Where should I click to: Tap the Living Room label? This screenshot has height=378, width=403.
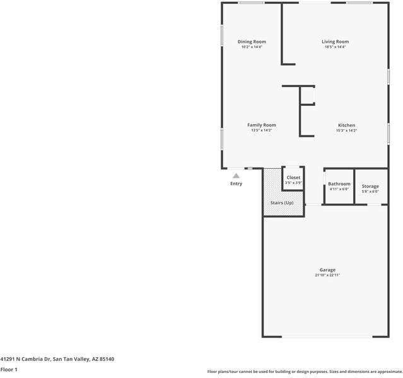tap(335, 42)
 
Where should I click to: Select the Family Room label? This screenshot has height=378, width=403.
tap(261, 125)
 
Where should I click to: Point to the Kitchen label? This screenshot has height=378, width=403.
tap(346, 125)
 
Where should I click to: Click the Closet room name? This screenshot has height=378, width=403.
tap(293, 178)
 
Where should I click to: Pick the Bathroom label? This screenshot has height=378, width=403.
tap(339, 184)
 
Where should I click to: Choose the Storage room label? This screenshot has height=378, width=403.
tap(370, 186)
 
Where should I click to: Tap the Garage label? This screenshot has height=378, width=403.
tap(327, 270)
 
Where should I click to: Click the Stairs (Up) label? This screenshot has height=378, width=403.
tap(282, 203)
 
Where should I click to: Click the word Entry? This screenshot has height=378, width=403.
tap(236, 184)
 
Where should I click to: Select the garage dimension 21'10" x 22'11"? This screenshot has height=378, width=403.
tap(327, 275)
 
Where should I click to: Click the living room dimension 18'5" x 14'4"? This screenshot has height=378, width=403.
tap(335, 47)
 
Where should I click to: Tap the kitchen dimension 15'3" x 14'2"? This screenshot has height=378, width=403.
tap(346, 130)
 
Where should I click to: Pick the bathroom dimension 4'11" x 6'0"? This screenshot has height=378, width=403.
tap(339, 189)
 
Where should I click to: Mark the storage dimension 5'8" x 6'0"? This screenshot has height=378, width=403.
tap(370, 192)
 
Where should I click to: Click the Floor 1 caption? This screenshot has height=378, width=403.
tap(9, 369)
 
